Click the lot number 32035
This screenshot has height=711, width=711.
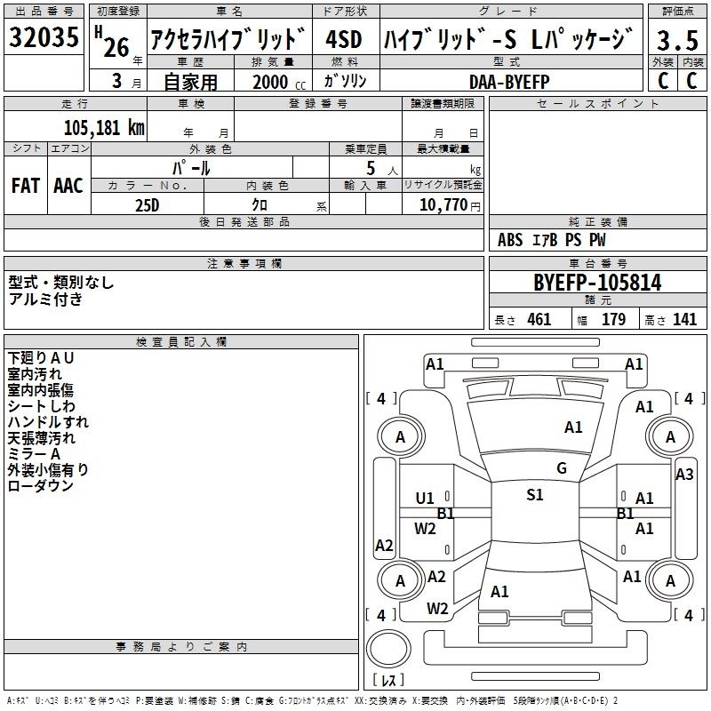click(x=44, y=37)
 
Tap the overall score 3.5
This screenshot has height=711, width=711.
click(x=677, y=40)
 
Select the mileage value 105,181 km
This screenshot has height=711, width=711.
click(x=104, y=128)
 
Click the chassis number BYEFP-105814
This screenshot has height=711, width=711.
click(x=597, y=283)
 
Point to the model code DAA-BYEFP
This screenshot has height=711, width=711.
click(x=509, y=82)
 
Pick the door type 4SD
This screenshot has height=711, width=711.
click(x=343, y=39)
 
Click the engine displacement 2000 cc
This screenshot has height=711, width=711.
click(x=279, y=82)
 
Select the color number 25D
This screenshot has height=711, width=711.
click(x=148, y=205)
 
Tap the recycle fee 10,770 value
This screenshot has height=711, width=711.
click(x=443, y=205)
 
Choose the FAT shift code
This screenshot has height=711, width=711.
click(x=26, y=186)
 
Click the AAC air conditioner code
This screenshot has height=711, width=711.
click(x=68, y=186)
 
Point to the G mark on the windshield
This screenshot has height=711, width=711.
click(x=562, y=468)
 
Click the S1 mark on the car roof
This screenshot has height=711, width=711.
click(x=535, y=495)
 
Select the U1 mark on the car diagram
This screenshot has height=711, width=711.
click(x=425, y=499)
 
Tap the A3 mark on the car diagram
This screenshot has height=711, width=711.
click(x=684, y=475)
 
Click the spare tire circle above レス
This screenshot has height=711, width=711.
click(x=388, y=648)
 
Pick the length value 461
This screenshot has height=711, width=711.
click(x=539, y=320)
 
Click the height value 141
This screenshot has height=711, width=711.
click(x=684, y=320)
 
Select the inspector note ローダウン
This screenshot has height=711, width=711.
click(x=40, y=486)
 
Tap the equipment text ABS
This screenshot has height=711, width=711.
click(x=510, y=240)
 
